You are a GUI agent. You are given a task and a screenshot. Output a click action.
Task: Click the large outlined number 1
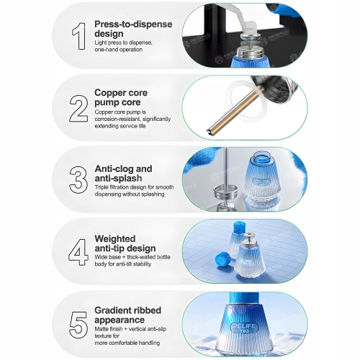79,36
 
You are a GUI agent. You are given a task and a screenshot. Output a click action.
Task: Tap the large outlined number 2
78,109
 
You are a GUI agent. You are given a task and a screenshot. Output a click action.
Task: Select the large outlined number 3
78,180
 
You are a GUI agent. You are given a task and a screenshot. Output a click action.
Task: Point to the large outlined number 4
78,252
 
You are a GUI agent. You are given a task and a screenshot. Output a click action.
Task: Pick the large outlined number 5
78,325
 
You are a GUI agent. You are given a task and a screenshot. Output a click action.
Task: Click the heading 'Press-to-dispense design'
133,29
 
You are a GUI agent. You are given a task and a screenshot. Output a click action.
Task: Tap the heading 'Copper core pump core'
121,97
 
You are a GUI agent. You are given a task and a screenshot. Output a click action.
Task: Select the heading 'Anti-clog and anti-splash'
123,174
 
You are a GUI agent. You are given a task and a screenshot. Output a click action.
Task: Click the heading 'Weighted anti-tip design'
125,243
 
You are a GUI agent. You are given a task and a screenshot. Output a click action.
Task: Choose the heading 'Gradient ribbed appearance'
127,315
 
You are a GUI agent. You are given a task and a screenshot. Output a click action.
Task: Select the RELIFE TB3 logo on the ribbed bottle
243,328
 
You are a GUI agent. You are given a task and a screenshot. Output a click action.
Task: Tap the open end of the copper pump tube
210,131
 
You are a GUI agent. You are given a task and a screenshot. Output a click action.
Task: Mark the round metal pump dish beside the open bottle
225,191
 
